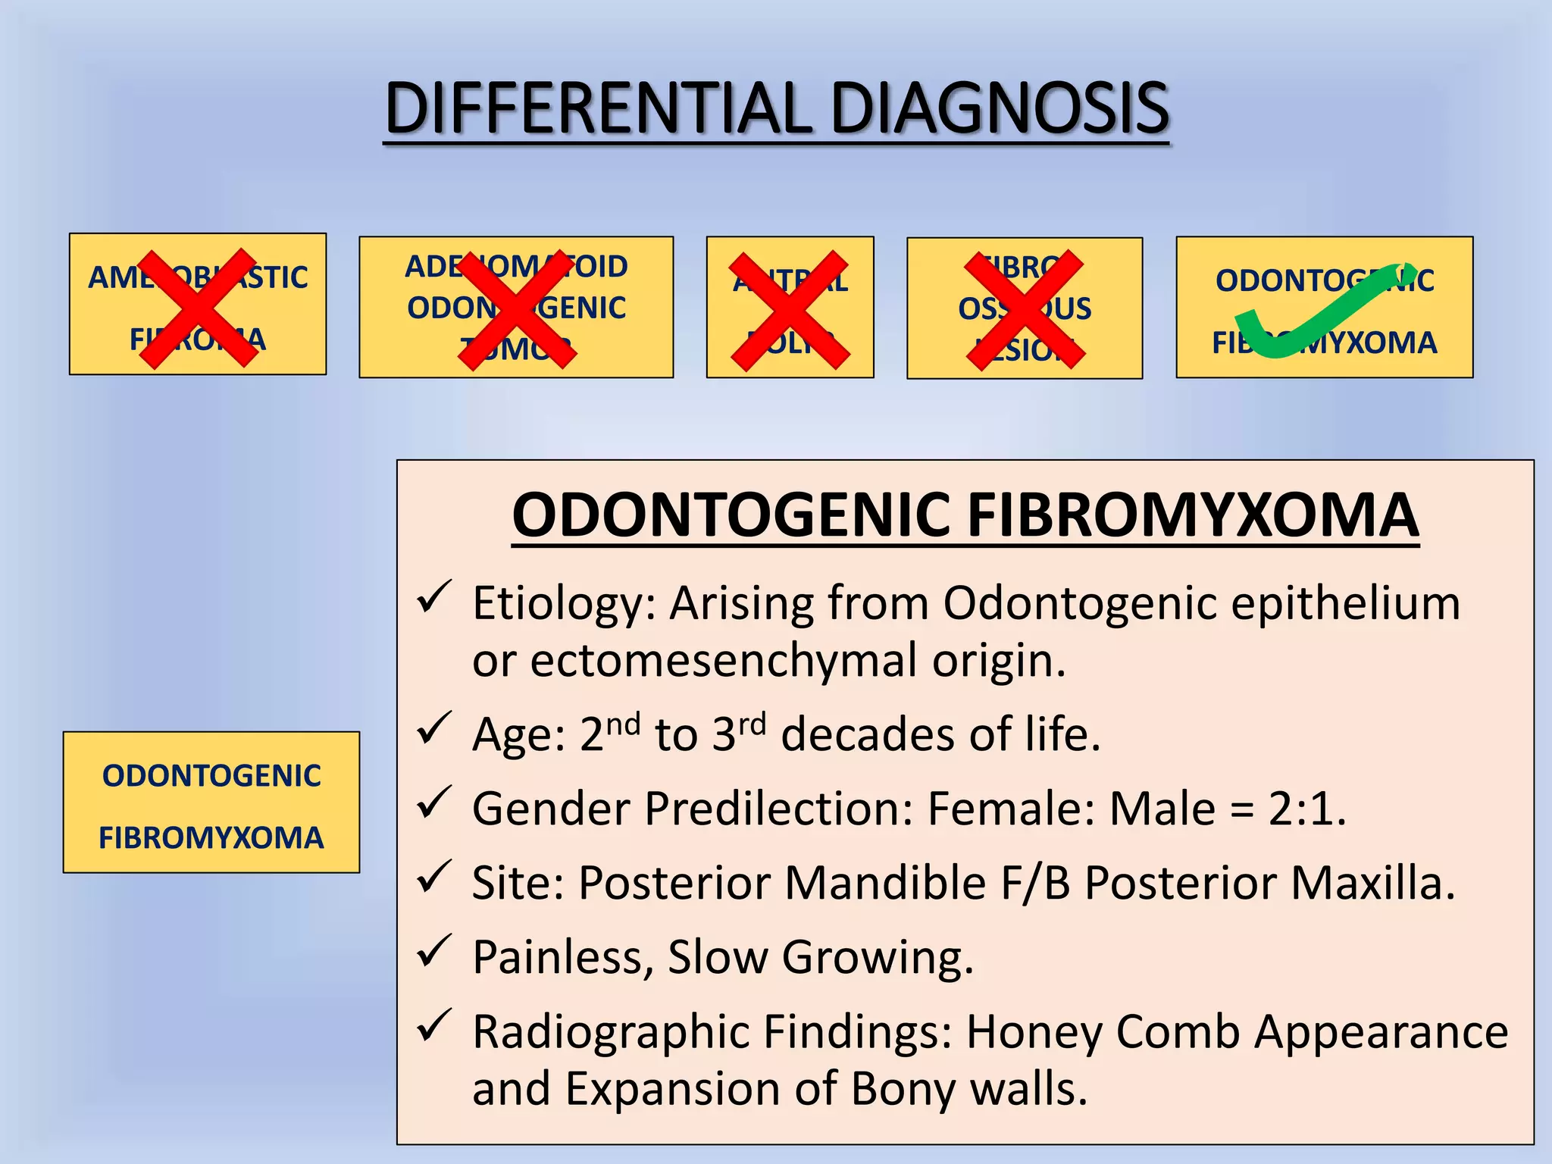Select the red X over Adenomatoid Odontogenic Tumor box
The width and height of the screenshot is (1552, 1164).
[x=517, y=311]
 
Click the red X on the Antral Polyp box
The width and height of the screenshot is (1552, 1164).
[x=789, y=311]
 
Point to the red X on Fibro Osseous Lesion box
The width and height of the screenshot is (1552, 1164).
[x=1025, y=311]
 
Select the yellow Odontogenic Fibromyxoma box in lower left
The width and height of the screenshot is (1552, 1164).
[x=211, y=803]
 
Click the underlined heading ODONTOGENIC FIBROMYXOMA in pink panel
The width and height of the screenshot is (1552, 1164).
[x=965, y=516]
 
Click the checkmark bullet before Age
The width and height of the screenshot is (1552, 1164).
[x=435, y=728]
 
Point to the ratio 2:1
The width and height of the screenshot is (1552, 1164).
[x=1307, y=809]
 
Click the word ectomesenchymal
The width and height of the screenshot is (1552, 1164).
[x=724, y=661]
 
